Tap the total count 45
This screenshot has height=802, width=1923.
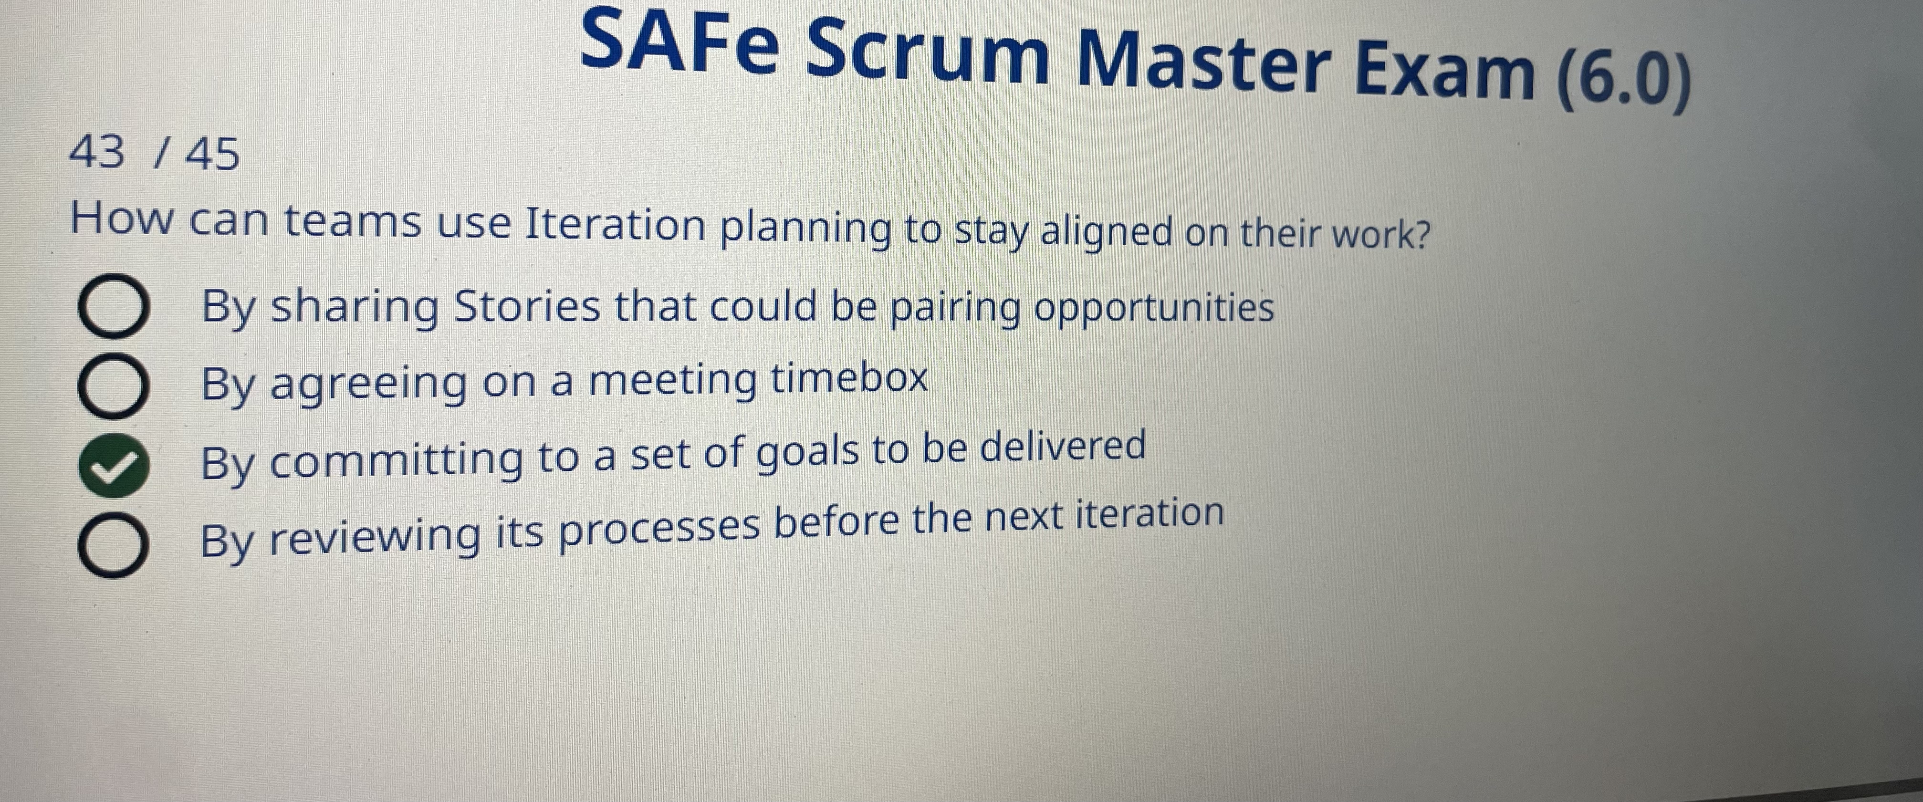213,155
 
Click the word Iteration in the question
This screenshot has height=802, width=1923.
615,224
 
